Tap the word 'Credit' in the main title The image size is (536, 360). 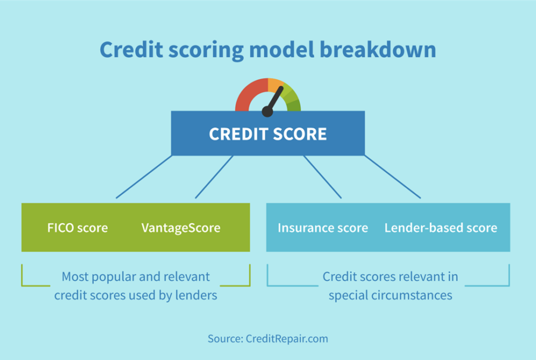pyautogui.click(x=126, y=50)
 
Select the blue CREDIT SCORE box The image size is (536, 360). pyautogui.click(x=267, y=134)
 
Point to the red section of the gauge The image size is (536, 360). pyautogui.click(x=247, y=95)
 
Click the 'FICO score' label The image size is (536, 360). pyautogui.click(x=77, y=228)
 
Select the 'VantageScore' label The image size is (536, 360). pyautogui.click(x=180, y=228)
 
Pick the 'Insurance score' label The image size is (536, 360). pyautogui.click(x=322, y=228)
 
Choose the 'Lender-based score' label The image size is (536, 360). pyautogui.click(x=440, y=228)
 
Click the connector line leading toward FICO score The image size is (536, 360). pyautogui.click(x=144, y=177)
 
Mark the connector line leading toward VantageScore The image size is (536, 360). pyautogui.click(x=214, y=177)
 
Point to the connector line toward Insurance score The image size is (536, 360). pyautogui.click(x=322, y=177)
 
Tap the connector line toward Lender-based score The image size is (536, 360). pyautogui.click(x=392, y=177)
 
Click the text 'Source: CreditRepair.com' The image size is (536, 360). pyautogui.click(x=267, y=339)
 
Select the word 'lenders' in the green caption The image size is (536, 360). pyautogui.click(x=197, y=295)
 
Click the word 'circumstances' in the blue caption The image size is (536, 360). pyautogui.click(x=417, y=295)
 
